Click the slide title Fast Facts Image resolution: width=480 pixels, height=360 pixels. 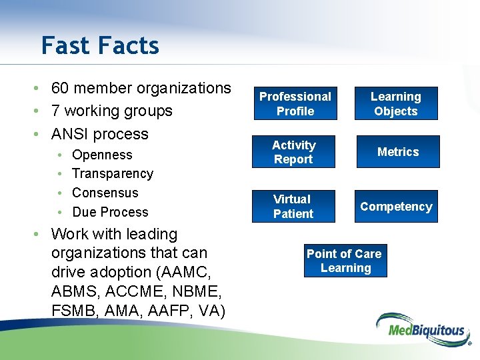(x=100, y=45)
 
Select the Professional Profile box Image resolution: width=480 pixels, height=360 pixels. (x=295, y=104)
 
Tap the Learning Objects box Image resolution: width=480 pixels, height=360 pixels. (x=395, y=104)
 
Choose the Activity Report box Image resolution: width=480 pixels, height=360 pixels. (x=293, y=152)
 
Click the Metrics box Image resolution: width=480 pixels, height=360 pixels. (x=397, y=152)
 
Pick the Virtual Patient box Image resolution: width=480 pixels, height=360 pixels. (x=293, y=207)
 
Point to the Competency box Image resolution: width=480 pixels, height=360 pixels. (x=396, y=207)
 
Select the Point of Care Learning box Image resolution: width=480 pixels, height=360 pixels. (x=344, y=261)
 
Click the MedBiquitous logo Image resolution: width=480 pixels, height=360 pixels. (x=420, y=329)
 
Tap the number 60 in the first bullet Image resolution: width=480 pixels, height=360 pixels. (x=61, y=89)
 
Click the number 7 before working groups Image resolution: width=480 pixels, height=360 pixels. (x=56, y=111)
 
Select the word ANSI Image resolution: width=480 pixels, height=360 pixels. (x=71, y=134)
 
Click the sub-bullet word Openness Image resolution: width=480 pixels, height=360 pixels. (x=102, y=155)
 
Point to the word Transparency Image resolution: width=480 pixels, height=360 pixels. (x=112, y=174)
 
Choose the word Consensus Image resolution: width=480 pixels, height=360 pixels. (x=105, y=193)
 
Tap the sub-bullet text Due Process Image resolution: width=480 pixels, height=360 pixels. (x=110, y=213)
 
